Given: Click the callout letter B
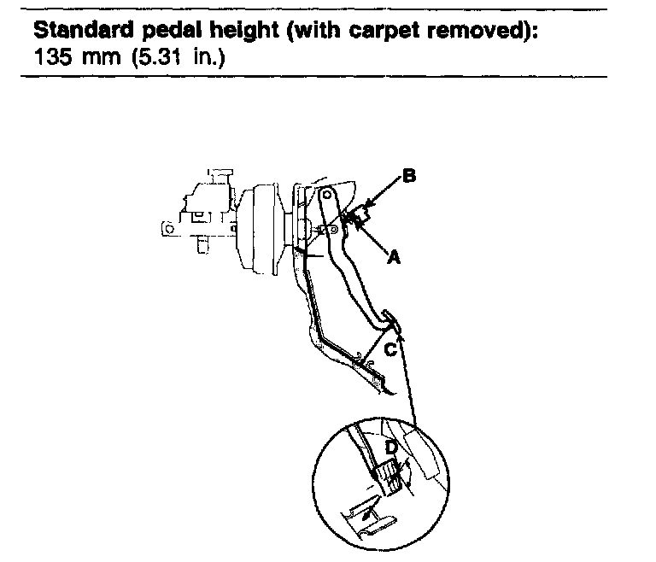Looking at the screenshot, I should pyautogui.click(x=409, y=176).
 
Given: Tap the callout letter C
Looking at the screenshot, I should pyautogui.click(x=390, y=349).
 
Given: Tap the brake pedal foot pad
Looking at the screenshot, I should pyautogui.click(x=390, y=319).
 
